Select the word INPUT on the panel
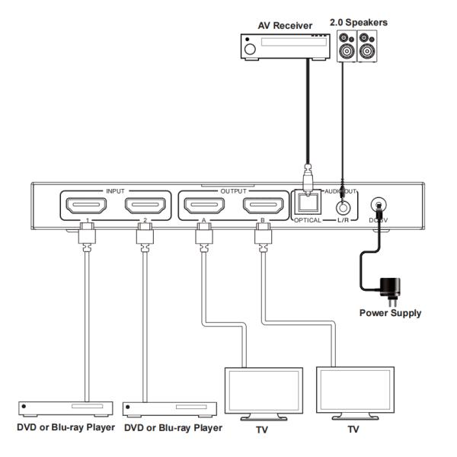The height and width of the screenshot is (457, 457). pos(115,188)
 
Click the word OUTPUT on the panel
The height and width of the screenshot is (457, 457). pos(232,188)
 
